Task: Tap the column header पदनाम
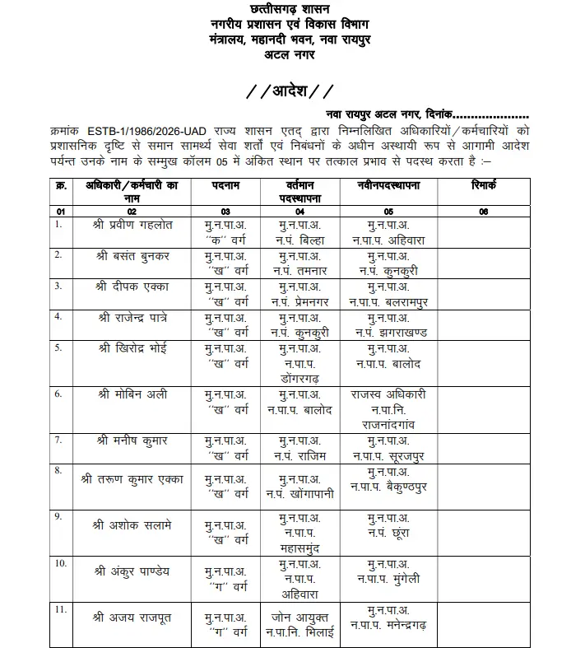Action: [225, 186]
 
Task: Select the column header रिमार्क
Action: [482, 186]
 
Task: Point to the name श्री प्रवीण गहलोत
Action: [134, 224]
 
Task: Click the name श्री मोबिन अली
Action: [130, 394]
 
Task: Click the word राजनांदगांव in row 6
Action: [392, 422]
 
